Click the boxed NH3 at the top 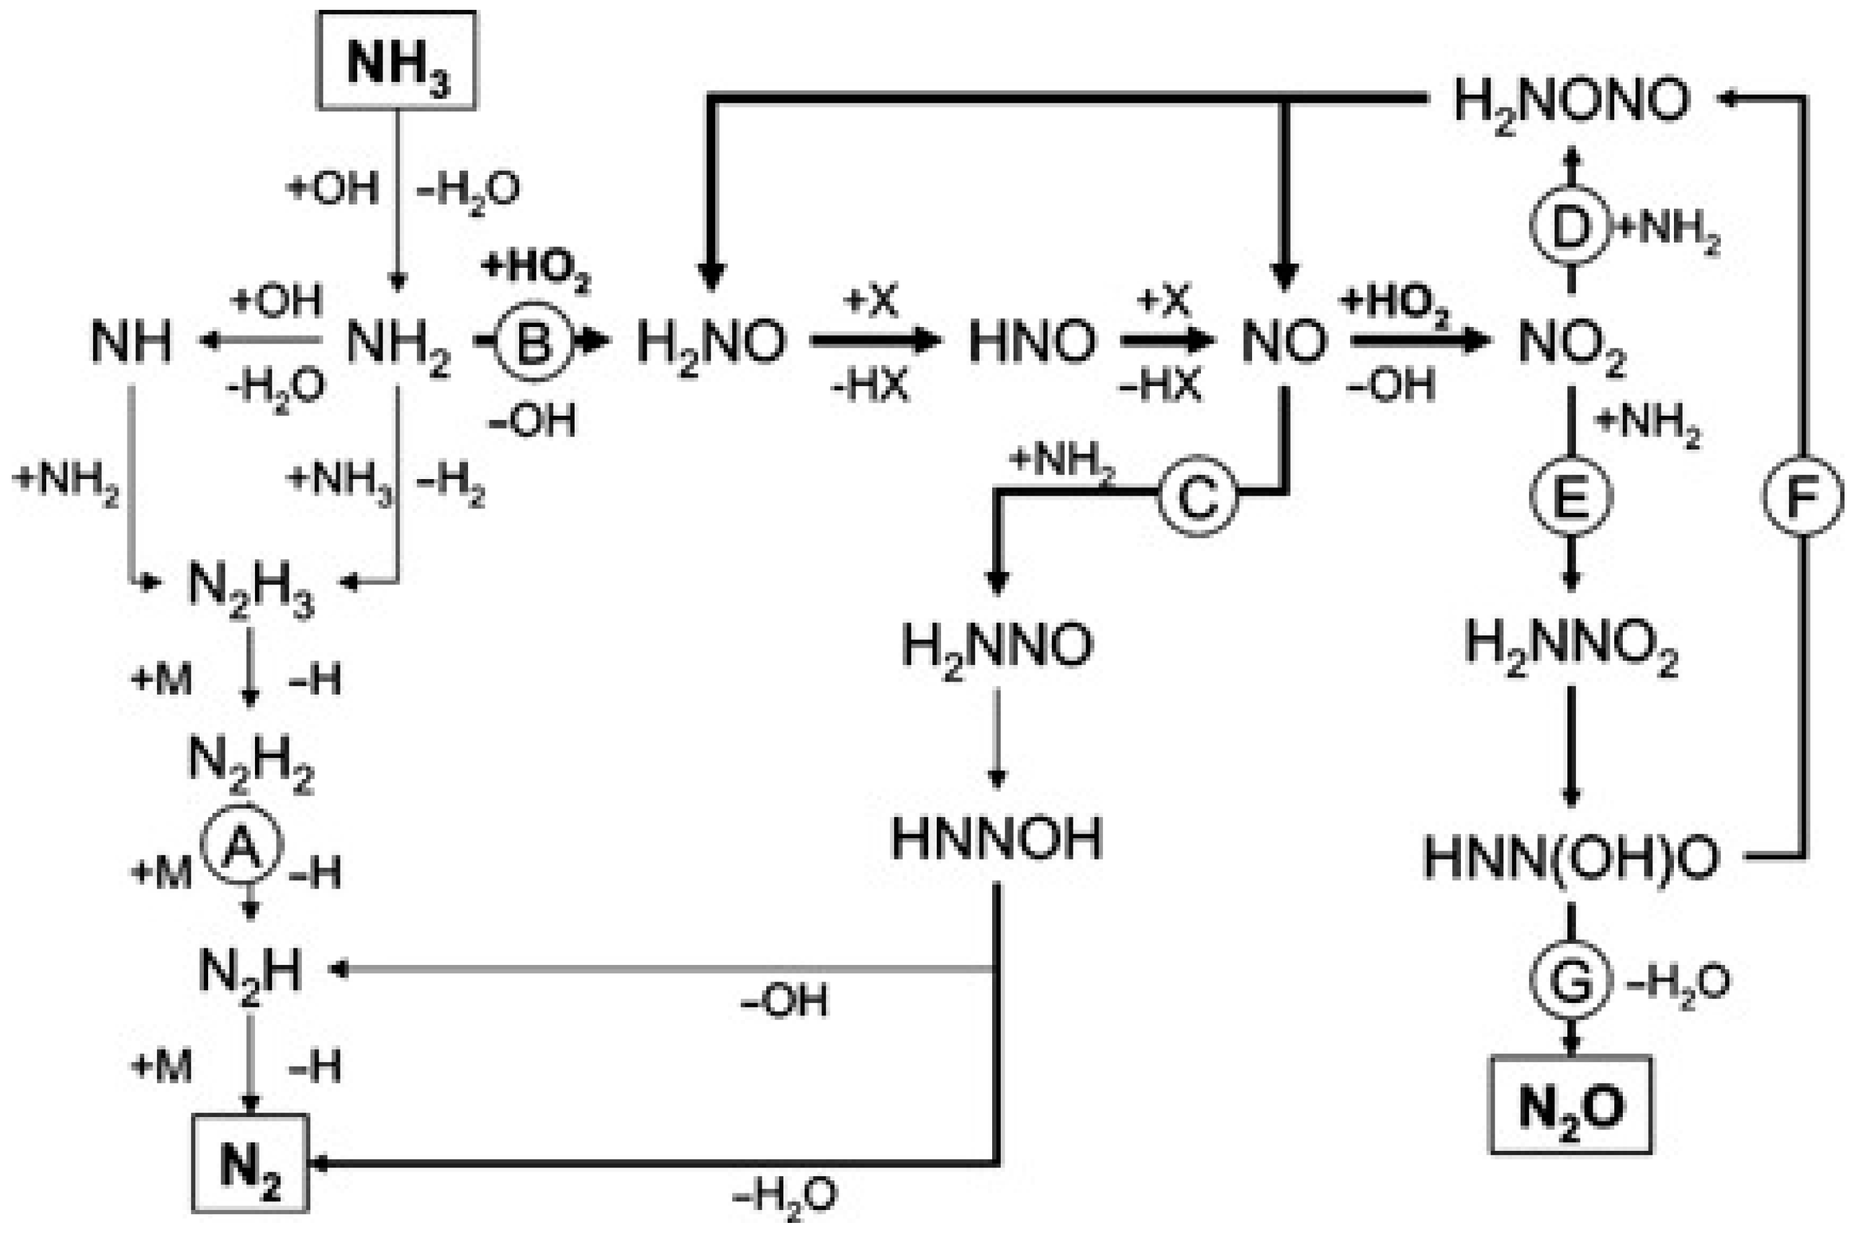[x=397, y=60]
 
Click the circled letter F [x=1802, y=496]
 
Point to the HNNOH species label [x=996, y=839]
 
